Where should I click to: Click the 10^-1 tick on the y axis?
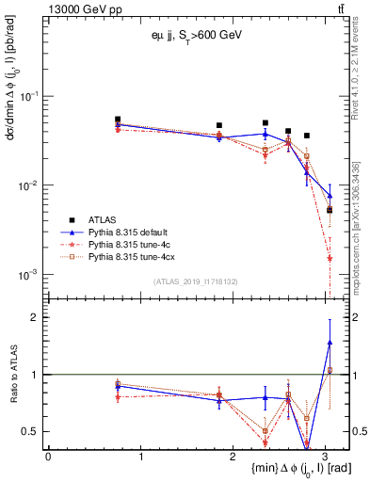pos(30,97)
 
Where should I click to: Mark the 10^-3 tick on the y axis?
pos(30,275)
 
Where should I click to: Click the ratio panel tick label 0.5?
pos(31,431)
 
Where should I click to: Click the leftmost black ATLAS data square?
pos(118,120)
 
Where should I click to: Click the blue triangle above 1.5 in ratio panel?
pos(330,343)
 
